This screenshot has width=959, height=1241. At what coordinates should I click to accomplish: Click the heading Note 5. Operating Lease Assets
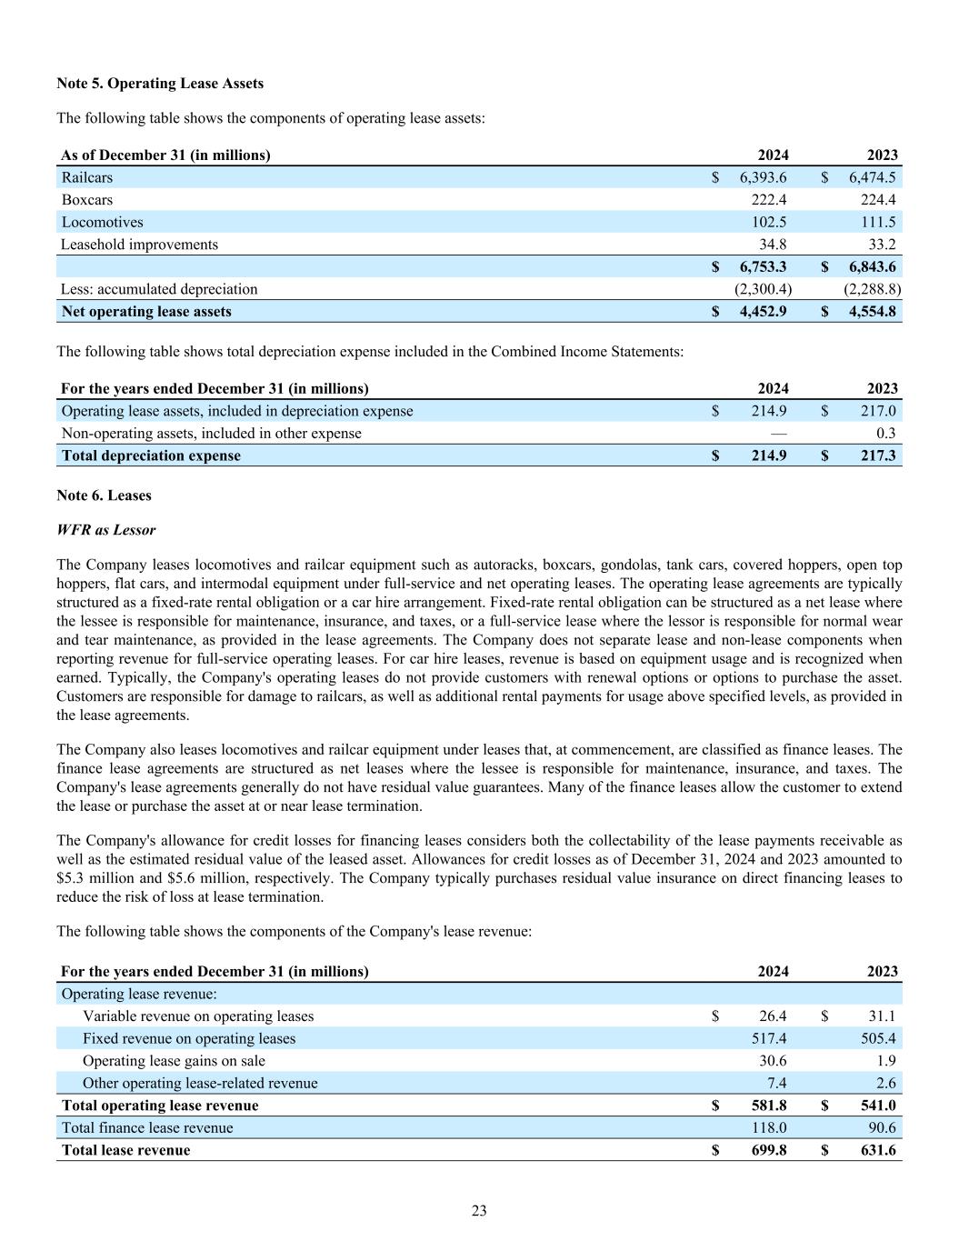pos(160,84)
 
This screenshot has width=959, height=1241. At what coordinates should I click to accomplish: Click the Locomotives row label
pos(102,223)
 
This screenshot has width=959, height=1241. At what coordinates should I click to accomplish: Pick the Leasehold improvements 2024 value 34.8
pos(773,245)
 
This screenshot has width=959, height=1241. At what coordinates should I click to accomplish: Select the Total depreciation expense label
pos(151,455)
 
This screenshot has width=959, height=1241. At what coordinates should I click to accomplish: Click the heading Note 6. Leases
pos(104,495)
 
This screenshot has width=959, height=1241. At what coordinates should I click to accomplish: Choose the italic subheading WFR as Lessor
pos(105,530)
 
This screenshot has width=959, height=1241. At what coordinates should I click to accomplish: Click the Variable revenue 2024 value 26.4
pos(772,1016)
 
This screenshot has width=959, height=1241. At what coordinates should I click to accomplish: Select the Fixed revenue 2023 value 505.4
pos(878,1038)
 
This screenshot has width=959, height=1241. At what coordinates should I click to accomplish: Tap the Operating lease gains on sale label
pos(174,1061)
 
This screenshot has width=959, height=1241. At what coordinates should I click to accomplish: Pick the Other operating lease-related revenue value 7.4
pos(776,1083)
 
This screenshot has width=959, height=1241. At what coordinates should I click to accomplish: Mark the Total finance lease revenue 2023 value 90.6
pos(882,1128)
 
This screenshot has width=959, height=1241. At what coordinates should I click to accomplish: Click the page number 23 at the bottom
pos(479,1211)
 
